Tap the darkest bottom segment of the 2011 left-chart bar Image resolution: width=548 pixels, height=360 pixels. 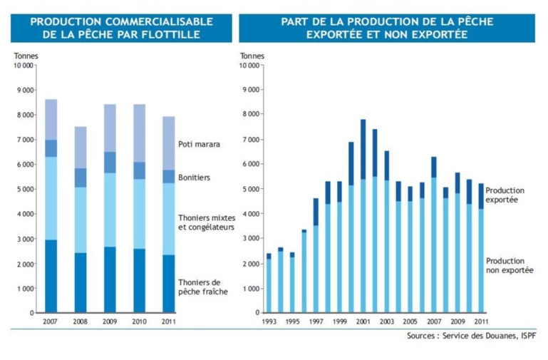(167, 284)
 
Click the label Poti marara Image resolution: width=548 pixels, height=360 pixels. (199, 144)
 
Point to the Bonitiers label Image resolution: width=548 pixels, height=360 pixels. (195, 178)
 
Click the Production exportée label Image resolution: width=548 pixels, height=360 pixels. (505, 195)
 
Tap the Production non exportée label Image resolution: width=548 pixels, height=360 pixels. (505, 266)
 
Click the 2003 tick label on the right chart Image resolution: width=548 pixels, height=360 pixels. (386, 322)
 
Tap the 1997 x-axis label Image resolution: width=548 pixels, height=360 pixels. (316, 322)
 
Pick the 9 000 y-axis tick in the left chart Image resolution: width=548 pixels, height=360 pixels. (24, 91)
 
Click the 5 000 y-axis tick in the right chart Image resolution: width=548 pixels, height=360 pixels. (250, 190)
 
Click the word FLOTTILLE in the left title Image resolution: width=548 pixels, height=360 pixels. (180, 34)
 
